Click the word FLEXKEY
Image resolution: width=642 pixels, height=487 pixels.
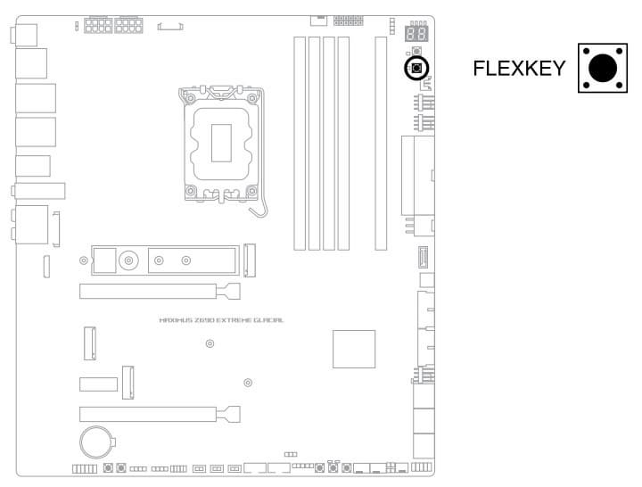[519, 68]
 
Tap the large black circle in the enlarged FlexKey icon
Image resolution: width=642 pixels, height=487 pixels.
[603, 68]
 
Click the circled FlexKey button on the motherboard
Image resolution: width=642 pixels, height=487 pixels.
[416, 68]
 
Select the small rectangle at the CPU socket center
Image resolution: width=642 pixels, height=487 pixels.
[221, 143]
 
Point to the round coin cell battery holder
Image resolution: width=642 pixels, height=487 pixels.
[96, 442]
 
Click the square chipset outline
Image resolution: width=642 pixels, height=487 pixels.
[354, 349]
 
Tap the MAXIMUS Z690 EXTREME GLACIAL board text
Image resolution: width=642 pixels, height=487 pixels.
[221, 320]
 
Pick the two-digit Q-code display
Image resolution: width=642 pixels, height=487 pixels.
[416, 33]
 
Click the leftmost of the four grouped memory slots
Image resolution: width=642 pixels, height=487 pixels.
[300, 144]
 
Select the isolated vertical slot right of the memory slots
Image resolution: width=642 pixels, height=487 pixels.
[381, 144]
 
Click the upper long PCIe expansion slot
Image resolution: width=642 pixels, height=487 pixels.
[160, 291]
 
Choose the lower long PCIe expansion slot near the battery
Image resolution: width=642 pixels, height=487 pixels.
[160, 414]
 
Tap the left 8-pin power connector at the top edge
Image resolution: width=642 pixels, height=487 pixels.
[98, 25]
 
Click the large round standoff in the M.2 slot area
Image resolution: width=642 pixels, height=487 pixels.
[128, 260]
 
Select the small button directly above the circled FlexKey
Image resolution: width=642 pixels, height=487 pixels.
[416, 51]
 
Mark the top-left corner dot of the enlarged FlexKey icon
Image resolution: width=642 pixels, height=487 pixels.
[587, 51]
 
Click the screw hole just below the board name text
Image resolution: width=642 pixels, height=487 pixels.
[210, 343]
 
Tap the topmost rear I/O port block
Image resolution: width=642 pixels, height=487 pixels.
[25, 35]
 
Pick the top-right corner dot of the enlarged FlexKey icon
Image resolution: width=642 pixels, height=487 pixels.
[619, 51]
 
